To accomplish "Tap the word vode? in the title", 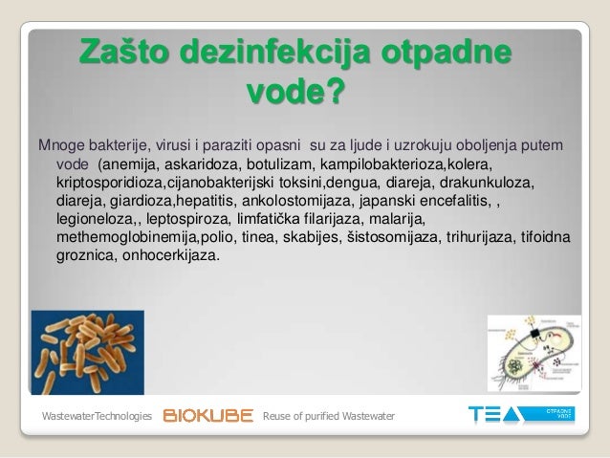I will click(x=295, y=94).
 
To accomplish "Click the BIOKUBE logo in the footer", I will click(x=208, y=416).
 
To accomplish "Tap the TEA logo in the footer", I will click(x=496, y=415).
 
